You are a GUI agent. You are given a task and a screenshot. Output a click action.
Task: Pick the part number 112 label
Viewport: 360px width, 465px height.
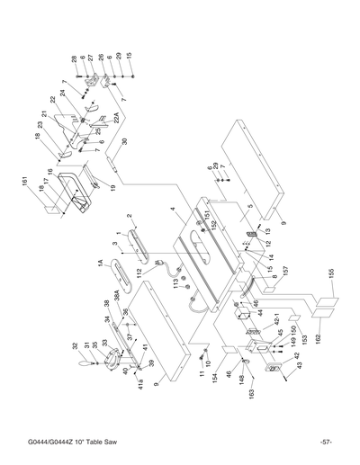coord(139,273)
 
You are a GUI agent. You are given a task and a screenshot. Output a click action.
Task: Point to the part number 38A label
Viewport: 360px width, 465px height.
coord(117,306)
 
